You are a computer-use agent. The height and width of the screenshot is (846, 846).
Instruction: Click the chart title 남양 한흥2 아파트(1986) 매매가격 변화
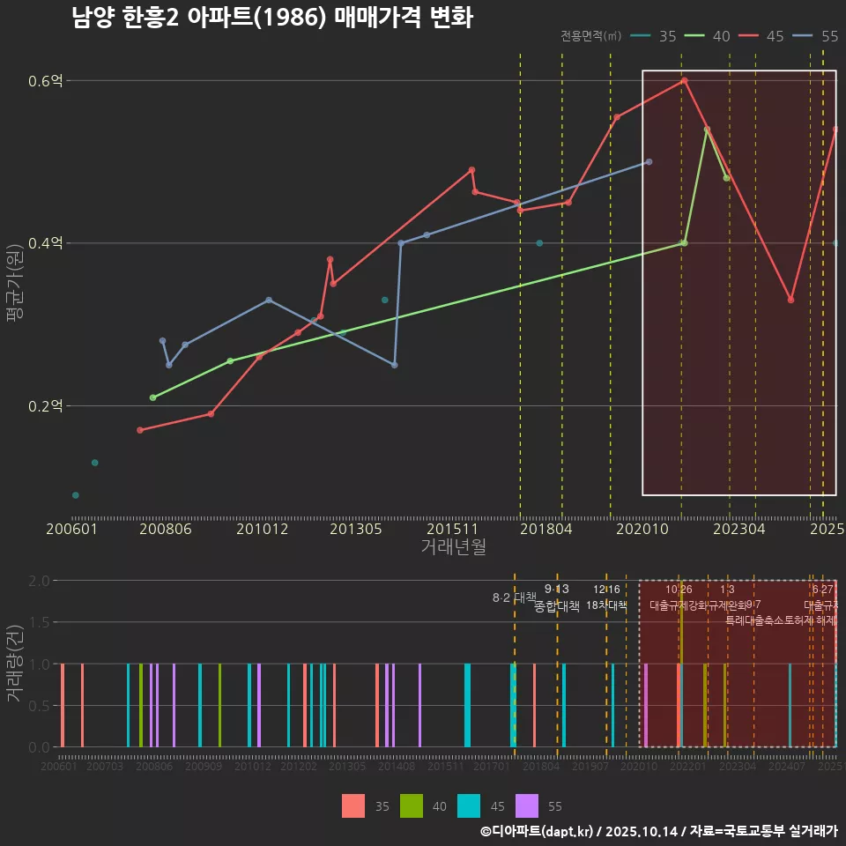click(x=272, y=18)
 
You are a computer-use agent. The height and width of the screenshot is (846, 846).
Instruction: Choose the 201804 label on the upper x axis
click(x=546, y=530)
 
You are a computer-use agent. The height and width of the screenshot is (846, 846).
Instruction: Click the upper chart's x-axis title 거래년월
click(x=453, y=547)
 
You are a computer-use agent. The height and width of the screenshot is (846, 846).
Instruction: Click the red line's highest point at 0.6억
click(x=685, y=81)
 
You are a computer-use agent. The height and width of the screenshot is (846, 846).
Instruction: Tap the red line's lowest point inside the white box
click(x=790, y=300)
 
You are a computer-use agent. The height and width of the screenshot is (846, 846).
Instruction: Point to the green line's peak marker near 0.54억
click(x=707, y=130)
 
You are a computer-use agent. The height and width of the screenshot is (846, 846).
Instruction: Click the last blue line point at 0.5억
click(x=649, y=162)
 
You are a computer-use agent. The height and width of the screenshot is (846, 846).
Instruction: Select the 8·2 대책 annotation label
click(x=515, y=597)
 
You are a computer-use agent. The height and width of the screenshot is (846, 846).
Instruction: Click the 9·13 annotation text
click(x=557, y=590)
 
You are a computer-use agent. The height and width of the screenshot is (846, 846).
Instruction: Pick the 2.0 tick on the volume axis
click(x=39, y=581)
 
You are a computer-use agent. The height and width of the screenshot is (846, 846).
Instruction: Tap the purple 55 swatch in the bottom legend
click(x=527, y=805)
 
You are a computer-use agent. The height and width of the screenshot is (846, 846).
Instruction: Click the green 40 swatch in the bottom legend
click(x=411, y=805)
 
